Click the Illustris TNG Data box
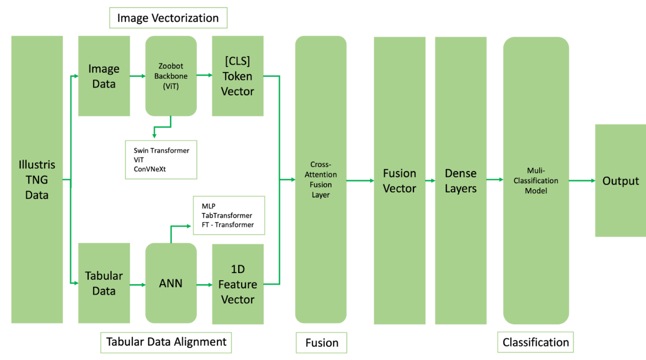point(37,179)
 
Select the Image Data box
point(104,76)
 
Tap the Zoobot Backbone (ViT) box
point(171,76)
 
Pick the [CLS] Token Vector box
point(238,76)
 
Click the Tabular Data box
point(104,283)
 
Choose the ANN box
point(171,283)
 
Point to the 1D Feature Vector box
point(238,284)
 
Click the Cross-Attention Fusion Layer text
point(321,180)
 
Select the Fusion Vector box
point(400,180)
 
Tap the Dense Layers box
point(461,180)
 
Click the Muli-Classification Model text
point(536,180)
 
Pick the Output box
point(621,180)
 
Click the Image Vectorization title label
point(168,18)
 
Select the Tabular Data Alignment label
point(166,342)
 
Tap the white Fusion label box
point(321,343)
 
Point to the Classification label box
point(536,342)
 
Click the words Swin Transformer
point(161,150)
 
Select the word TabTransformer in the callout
point(227,215)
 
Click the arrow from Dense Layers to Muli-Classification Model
point(495,180)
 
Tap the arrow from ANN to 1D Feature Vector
point(205,285)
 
